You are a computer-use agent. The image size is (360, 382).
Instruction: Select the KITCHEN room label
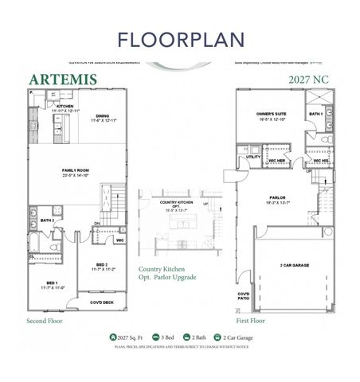65,106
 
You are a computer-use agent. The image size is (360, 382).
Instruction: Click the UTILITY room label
254,157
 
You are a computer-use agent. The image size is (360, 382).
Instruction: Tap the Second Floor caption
45,322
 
